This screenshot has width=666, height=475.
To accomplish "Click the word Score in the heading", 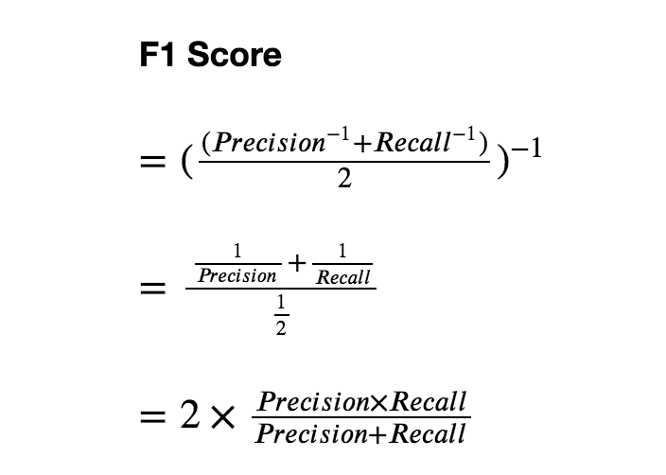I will (235, 55).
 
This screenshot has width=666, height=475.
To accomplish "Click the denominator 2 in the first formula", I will (343, 178).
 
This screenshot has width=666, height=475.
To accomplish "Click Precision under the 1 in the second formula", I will (237, 275).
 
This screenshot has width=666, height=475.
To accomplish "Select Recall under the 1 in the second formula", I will (343, 276).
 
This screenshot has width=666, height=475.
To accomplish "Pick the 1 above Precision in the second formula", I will (237, 252).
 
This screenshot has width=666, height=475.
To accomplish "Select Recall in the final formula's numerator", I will (428, 401).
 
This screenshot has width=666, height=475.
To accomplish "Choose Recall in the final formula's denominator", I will (428, 433).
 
